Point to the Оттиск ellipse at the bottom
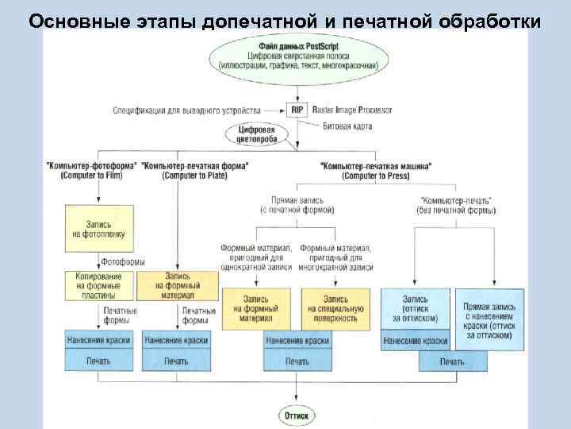(x=297, y=414)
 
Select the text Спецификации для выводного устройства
(x=197, y=110)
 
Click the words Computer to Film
(x=92, y=175)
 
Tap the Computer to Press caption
(x=375, y=175)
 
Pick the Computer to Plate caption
(x=194, y=175)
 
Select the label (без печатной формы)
(x=456, y=211)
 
